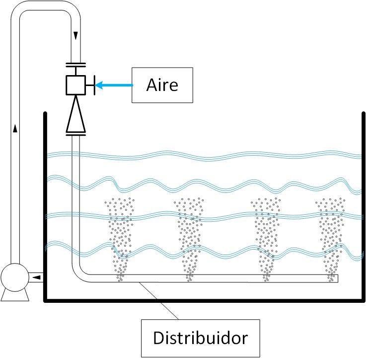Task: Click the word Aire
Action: coord(162,85)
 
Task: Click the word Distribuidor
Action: coord(200,338)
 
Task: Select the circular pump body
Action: coord(15,277)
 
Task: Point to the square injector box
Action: coord(75,85)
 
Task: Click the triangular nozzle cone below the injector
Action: coord(75,114)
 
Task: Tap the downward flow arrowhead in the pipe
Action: coord(75,36)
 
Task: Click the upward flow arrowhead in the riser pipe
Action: coord(15,129)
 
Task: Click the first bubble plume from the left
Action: coord(120,239)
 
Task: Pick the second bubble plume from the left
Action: coord(190,239)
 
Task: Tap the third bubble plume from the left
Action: coord(266,239)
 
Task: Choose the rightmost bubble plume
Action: coord(331,239)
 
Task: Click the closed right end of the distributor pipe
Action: coord(338,278)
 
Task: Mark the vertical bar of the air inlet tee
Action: coord(94,85)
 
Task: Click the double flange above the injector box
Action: coord(75,65)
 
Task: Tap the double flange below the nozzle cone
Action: coord(75,134)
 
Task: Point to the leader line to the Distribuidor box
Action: coord(159,301)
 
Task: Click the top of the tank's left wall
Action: coord(46,113)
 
